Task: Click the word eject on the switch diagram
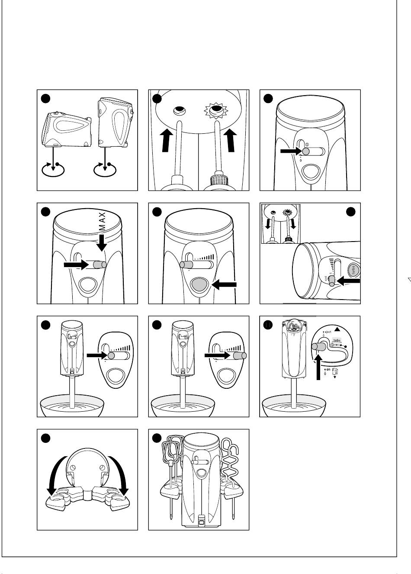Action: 328,332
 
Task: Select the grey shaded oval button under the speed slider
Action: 199,284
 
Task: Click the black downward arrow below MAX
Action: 102,243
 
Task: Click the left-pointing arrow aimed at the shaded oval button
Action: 225,285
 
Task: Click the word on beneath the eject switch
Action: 328,370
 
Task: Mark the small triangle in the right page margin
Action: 409,280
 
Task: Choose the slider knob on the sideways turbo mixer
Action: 332,282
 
